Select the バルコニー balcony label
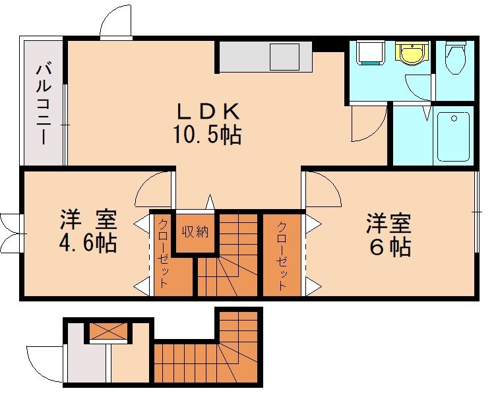click(x=44, y=102)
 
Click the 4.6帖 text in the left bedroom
click(x=88, y=242)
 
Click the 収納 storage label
click(x=196, y=231)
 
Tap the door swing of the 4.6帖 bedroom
click(x=154, y=189)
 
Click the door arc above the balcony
click(x=115, y=23)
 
